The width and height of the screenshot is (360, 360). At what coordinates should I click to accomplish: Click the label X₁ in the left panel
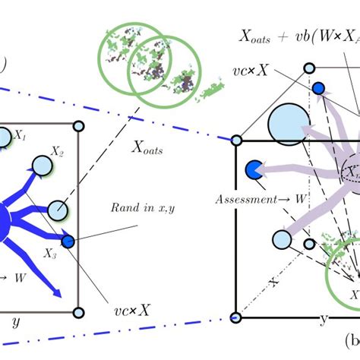[21, 138]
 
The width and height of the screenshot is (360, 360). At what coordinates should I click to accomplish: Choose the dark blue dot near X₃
[68, 242]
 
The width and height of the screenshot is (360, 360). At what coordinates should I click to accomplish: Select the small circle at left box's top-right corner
[78, 125]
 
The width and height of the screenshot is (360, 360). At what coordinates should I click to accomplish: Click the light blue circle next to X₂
[39, 166]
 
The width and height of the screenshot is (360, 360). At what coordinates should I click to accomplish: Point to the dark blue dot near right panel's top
[319, 88]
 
